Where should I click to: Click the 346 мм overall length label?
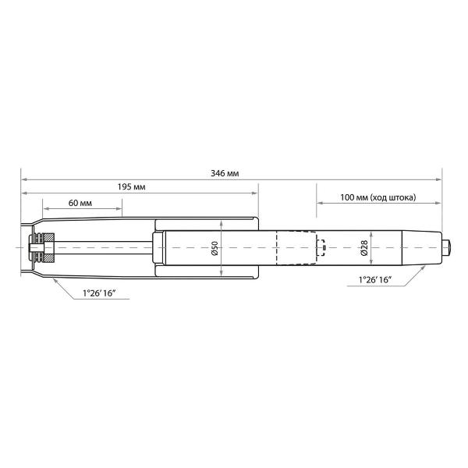tap(225, 173)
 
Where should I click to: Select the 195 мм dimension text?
tap(131, 187)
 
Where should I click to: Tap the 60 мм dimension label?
tap(80, 203)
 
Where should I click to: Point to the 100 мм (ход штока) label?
tap(378, 197)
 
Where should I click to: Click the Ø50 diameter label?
tap(215, 248)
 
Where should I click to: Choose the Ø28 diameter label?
tap(364, 248)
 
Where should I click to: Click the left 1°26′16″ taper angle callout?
tap(99, 293)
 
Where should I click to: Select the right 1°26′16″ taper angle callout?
tap(375, 280)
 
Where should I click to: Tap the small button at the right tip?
tap(446, 247)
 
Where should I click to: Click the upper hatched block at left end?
tap(49, 238)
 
